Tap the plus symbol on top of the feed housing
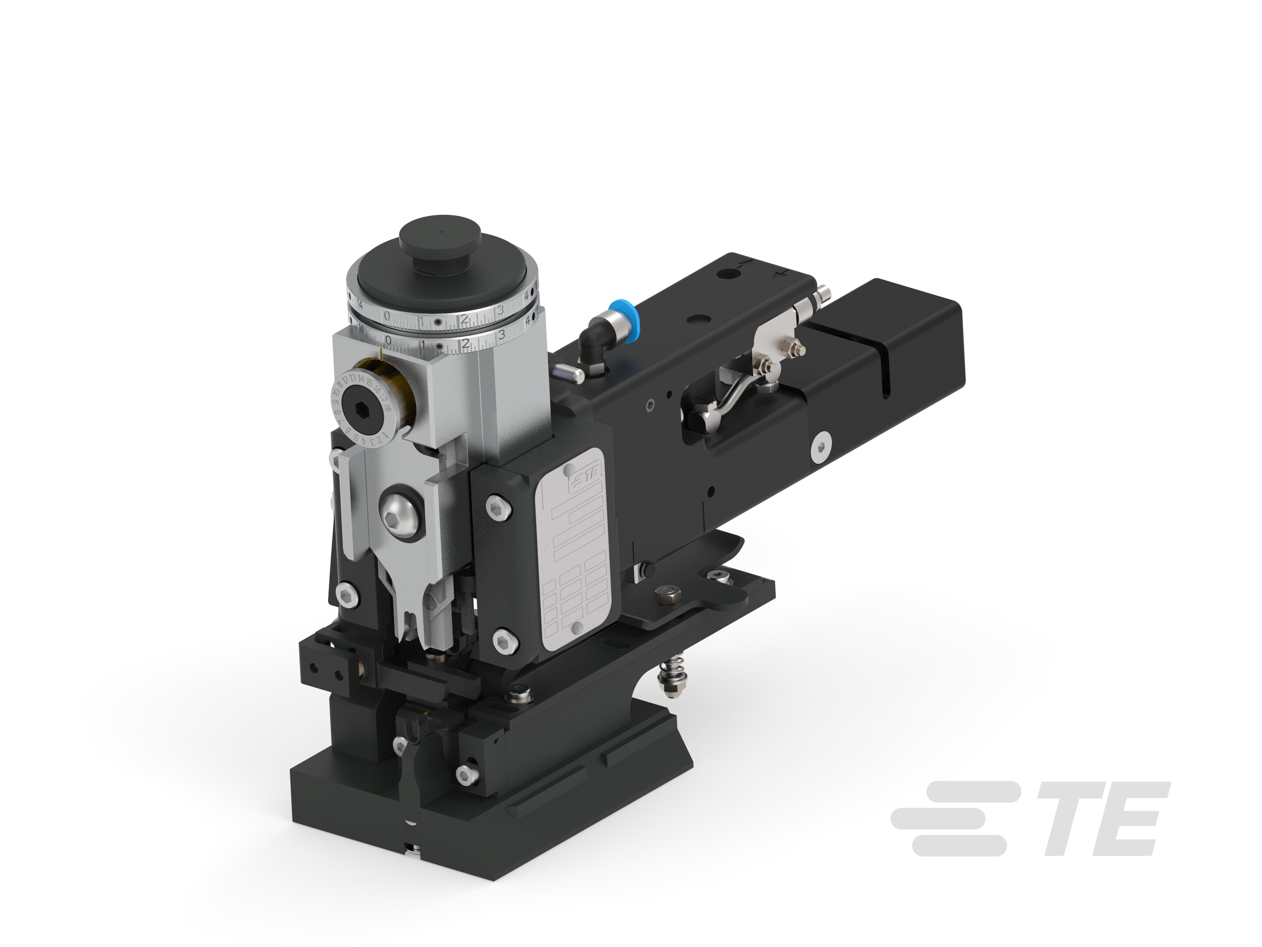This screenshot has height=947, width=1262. pos(780,276)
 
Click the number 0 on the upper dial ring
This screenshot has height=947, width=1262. pos(387,315)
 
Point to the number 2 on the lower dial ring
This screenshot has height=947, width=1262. pos(465,344)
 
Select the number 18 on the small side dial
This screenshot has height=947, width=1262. pos(387,407)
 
